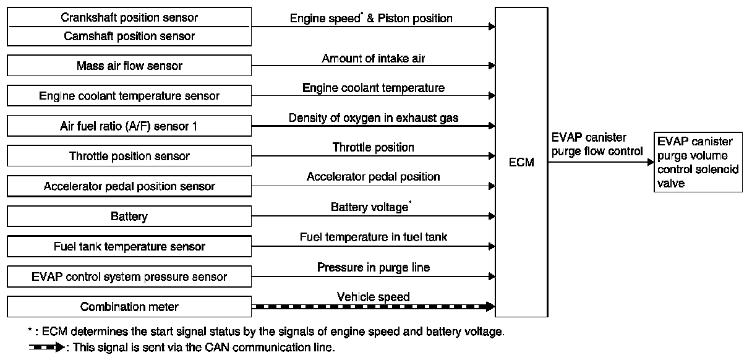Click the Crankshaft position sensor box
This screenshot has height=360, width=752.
(x=129, y=17)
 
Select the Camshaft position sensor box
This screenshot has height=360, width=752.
(x=129, y=36)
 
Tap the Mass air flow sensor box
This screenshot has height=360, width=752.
(x=129, y=66)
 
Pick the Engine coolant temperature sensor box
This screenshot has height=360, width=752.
(x=129, y=96)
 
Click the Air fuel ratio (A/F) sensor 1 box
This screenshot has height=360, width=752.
(x=129, y=126)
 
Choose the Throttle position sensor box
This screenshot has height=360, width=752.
(x=129, y=156)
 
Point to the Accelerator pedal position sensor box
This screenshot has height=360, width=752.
(x=129, y=186)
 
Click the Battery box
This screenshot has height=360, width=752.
(x=129, y=216)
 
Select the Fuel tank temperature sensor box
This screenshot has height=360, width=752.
(x=129, y=247)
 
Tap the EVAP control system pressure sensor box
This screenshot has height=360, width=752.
(x=129, y=276)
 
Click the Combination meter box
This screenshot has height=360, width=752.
(x=129, y=307)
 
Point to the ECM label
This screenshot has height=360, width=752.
(x=521, y=163)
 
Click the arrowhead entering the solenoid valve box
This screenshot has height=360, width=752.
(x=650, y=162)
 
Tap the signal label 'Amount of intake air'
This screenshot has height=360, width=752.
(x=373, y=59)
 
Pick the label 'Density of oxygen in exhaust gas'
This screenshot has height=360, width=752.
(x=373, y=118)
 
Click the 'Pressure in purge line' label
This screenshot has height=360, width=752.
(x=373, y=267)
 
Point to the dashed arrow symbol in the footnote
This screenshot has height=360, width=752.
(x=47, y=348)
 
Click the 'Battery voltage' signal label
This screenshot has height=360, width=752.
(x=370, y=207)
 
